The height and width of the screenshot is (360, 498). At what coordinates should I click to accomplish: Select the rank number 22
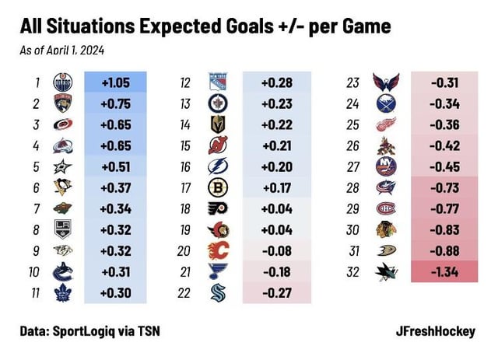(185, 292)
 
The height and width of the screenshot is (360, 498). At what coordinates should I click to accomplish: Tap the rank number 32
(354, 271)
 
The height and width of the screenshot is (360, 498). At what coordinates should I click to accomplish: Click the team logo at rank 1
(63, 82)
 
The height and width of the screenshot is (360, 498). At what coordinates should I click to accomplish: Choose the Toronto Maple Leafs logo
(63, 292)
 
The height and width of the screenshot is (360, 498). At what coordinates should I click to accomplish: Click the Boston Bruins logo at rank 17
(217, 187)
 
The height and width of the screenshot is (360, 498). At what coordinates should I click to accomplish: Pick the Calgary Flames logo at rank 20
(217, 250)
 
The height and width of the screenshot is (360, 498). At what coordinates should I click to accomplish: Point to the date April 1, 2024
(77, 51)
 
